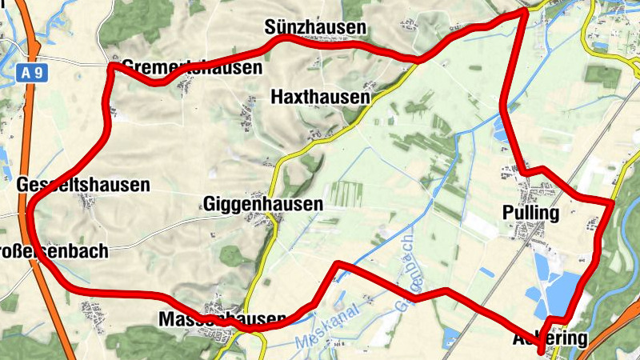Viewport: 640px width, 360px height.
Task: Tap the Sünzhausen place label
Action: click(x=315, y=28)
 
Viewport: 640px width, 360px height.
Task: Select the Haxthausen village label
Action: click(x=321, y=98)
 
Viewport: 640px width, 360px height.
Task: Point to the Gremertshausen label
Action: click(x=192, y=67)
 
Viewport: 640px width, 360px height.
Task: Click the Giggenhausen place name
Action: click(x=263, y=204)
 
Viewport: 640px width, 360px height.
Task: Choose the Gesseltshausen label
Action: click(x=83, y=186)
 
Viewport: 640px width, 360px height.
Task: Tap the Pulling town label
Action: click(x=530, y=213)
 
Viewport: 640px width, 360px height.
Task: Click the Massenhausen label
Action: click(x=223, y=318)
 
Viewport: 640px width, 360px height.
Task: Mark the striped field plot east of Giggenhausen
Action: click(x=346, y=194)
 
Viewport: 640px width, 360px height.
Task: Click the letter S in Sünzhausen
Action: click(x=270, y=28)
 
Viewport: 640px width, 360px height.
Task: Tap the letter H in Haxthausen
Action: click(x=277, y=98)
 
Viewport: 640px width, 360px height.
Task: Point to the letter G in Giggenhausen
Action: click(x=210, y=204)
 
